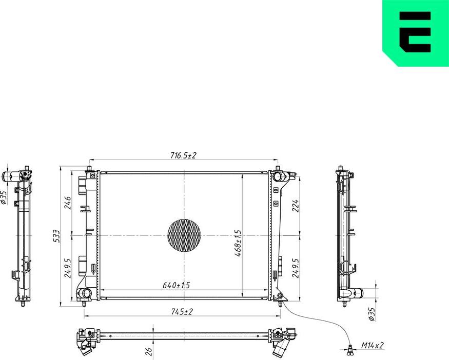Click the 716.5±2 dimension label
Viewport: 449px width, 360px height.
point(184,155)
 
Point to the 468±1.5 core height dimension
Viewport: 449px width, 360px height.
point(238,243)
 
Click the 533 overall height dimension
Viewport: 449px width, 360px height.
point(57,235)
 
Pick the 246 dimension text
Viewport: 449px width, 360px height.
point(67,203)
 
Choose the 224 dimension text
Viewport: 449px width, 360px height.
point(295,206)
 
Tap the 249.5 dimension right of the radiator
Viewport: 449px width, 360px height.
point(295,267)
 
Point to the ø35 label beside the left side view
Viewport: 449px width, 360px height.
point(4,197)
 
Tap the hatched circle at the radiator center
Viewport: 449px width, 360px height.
point(184,236)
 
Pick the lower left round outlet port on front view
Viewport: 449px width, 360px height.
point(84,293)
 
